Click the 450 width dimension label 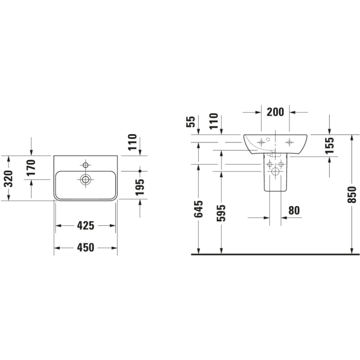click(x=85, y=247)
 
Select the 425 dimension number click(x=85, y=225)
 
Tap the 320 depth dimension click(x=9, y=179)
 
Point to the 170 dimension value click(x=31, y=168)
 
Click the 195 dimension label click(x=140, y=187)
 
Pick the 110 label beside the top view click(x=132, y=142)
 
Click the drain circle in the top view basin click(x=86, y=180)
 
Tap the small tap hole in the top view click(x=86, y=165)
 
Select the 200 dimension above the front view click(x=275, y=112)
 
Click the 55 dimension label click(x=191, y=121)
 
